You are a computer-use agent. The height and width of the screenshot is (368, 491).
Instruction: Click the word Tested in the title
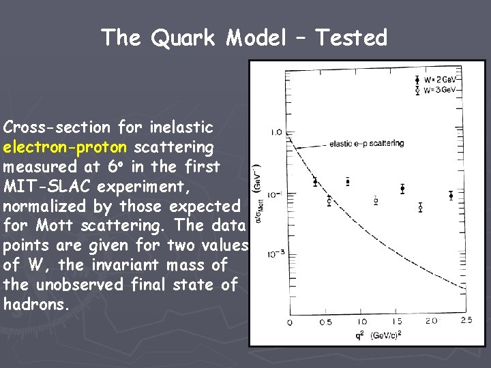point(351,37)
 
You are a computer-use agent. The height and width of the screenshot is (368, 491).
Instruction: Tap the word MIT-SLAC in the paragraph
point(40,186)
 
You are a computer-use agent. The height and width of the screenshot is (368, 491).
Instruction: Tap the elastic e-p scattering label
point(366,144)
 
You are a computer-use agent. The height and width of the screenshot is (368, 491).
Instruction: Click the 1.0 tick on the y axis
point(276,132)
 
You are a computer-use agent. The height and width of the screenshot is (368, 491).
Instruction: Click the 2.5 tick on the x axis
point(466,321)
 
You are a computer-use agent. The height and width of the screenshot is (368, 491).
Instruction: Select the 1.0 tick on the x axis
point(361,321)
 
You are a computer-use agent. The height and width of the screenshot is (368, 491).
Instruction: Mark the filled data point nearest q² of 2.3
point(451,196)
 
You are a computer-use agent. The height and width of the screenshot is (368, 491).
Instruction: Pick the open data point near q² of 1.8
point(420,206)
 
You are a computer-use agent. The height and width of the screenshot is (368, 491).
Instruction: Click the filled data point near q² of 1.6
point(402,189)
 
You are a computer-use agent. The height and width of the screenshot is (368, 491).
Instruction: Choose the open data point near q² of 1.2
point(376,200)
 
